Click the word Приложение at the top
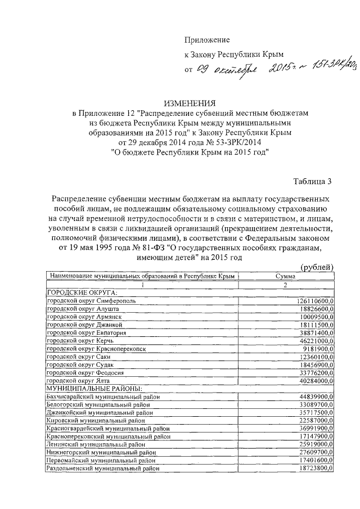coord(208,39)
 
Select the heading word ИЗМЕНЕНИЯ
coord(190,103)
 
